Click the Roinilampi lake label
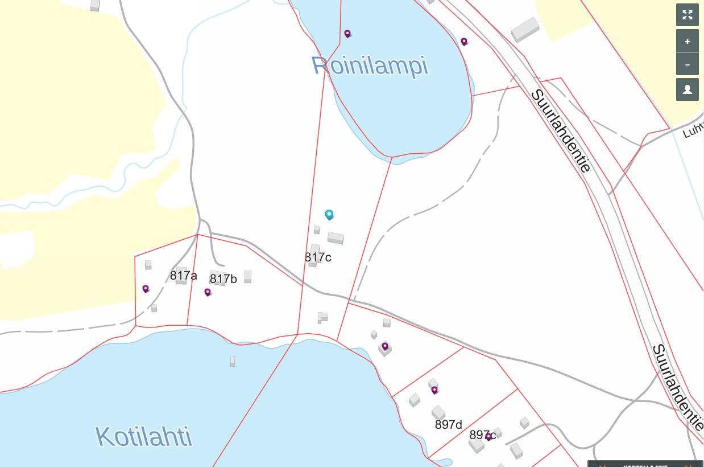point(370,65)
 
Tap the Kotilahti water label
point(144,437)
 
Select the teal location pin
point(329,214)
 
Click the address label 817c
point(318,257)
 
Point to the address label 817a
point(183,276)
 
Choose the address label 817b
point(223,278)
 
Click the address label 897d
point(448,425)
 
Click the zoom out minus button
point(687,64)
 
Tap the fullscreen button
point(687,15)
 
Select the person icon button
point(687,89)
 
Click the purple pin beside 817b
point(208,292)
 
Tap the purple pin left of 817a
point(146,289)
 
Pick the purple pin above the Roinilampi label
point(347,34)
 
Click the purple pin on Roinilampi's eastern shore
point(464,41)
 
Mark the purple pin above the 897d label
point(434,390)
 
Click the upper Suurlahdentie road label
point(561,131)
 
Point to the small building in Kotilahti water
point(232,361)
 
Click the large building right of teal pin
point(336,237)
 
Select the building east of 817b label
point(247,276)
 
